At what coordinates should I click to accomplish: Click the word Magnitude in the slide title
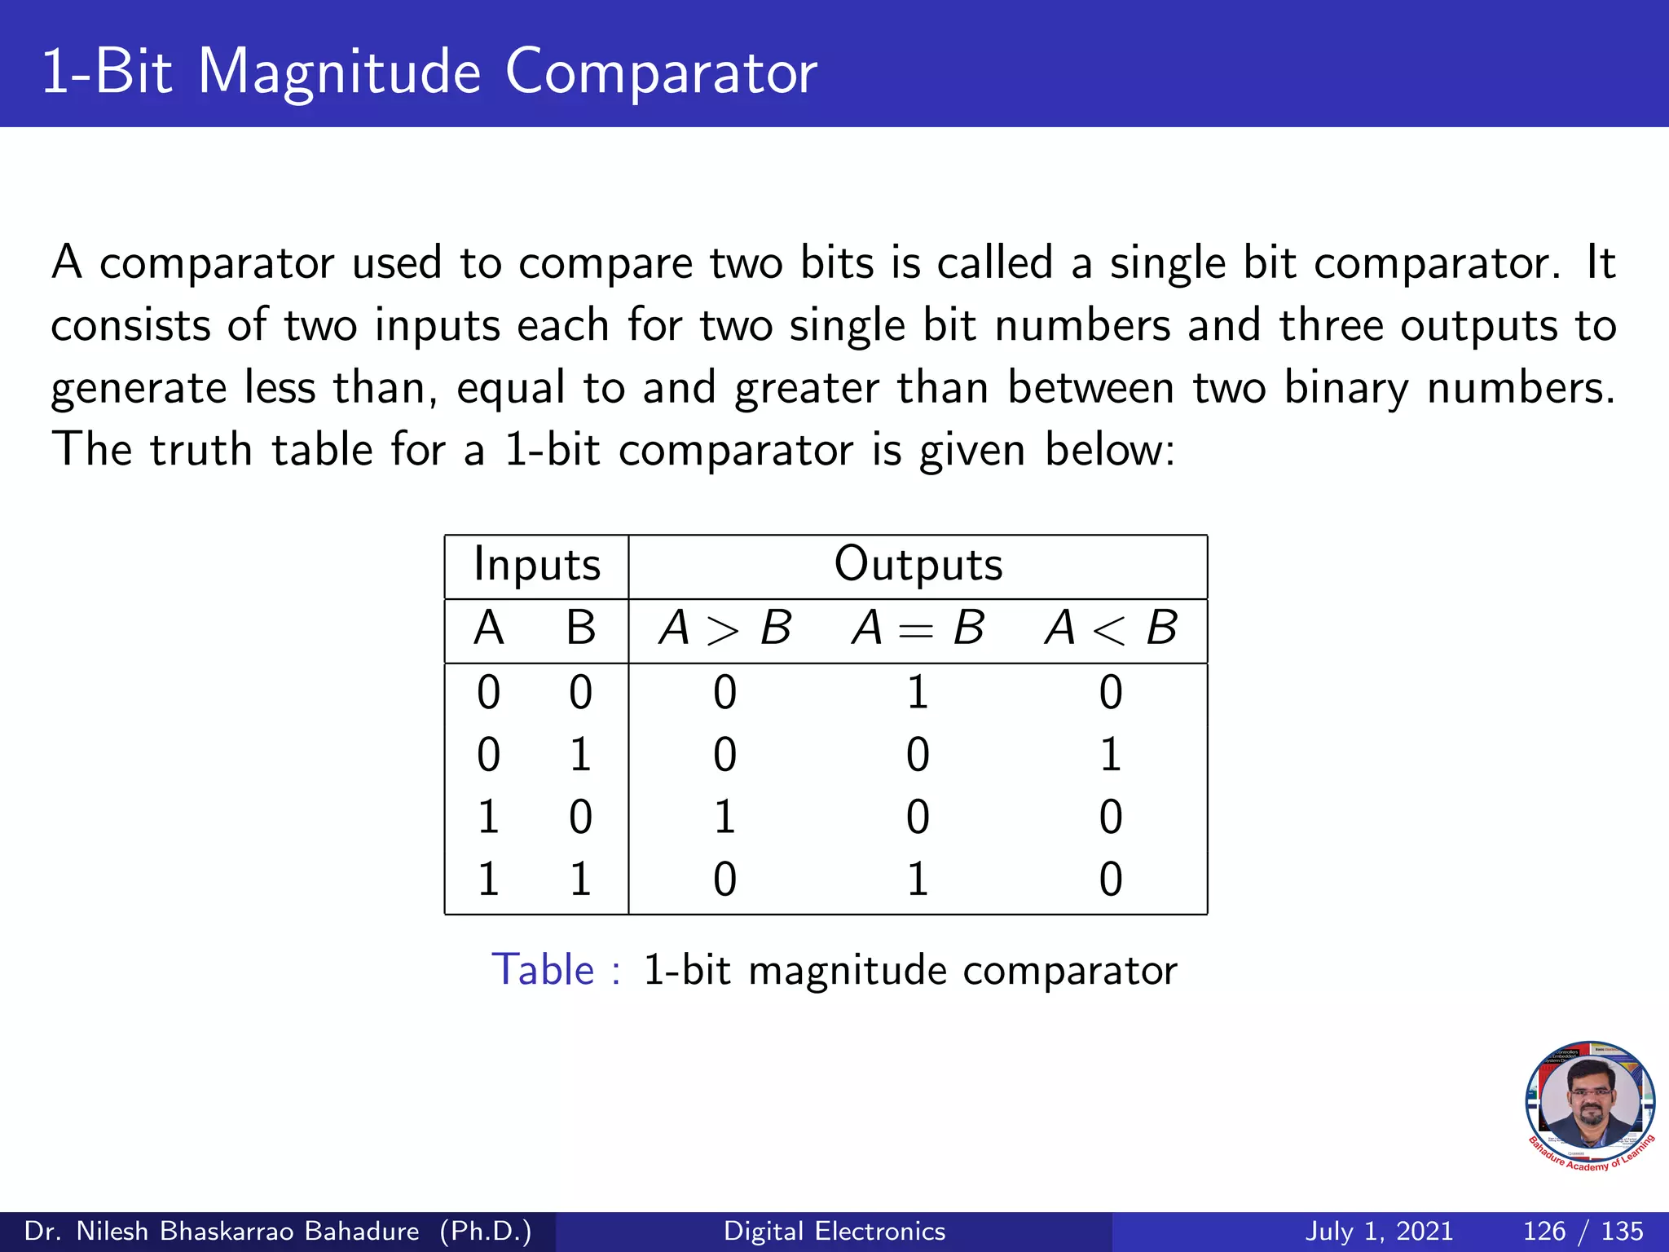tap(339, 73)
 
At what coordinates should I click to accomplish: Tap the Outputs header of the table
tap(918, 564)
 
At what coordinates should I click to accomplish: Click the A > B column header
tap(724, 628)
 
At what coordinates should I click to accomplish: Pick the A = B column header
tap(918, 628)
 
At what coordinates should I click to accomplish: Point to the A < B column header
tap(1111, 628)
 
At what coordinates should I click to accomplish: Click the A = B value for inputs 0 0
tap(918, 693)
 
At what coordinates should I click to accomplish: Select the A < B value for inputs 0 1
tap(1111, 755)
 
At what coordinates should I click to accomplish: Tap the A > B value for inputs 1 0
tap(724, 817)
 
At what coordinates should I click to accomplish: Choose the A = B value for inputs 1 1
tap(918, 879)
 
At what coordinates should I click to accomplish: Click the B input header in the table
tap(580, 628)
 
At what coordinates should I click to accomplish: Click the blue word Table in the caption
tap(543, 970)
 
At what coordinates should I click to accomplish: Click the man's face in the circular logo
tap(1590, 1100)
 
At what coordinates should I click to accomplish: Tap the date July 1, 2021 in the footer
tap(1379, 1231)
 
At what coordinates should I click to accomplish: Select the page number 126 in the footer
tap(1544, 1231)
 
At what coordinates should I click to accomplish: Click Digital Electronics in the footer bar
tap(834, 1231)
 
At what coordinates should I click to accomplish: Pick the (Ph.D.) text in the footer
tap(486, 1231)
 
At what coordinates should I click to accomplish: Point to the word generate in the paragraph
tap(139, 389)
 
